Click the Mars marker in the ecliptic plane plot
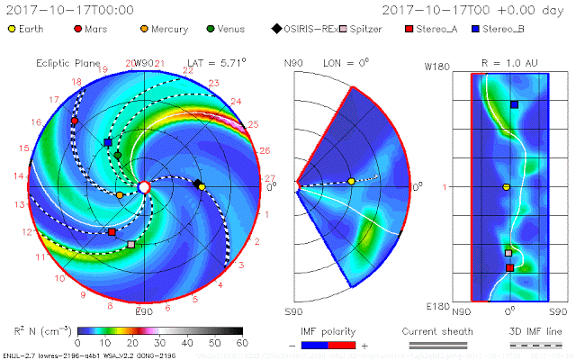[x=75, y=120]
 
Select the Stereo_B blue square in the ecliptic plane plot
[x=108, y=142]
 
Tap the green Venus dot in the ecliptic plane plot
[x=118, y=155]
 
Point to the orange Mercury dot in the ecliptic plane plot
[x=120, y=194]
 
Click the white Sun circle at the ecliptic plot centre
[x=144, y=186]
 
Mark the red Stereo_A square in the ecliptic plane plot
[x=112, y=232]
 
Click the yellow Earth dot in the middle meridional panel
[x=352, y=182]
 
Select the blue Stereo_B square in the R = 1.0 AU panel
[x=514, y=104]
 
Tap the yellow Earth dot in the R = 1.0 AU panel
[x=507, y=187]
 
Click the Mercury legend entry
[x=164, y=29]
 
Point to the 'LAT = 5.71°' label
[x=216, y=63]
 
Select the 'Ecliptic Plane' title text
[x=66, y=63]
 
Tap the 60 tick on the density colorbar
[x=241, y=344]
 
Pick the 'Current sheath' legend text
[x=436, y=332]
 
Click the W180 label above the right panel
[x=436, y=66]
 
